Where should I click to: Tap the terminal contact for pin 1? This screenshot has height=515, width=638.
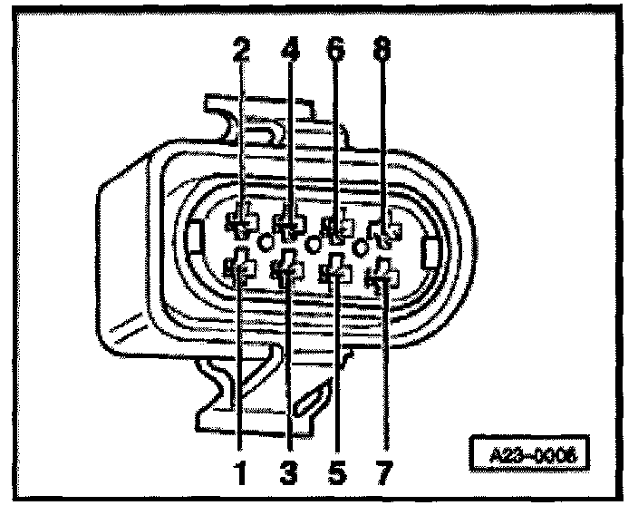point(239,267)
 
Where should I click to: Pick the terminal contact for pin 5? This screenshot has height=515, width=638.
point(336,271)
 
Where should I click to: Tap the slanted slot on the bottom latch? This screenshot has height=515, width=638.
point(315,397)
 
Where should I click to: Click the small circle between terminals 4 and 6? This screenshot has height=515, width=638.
point(314,243)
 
